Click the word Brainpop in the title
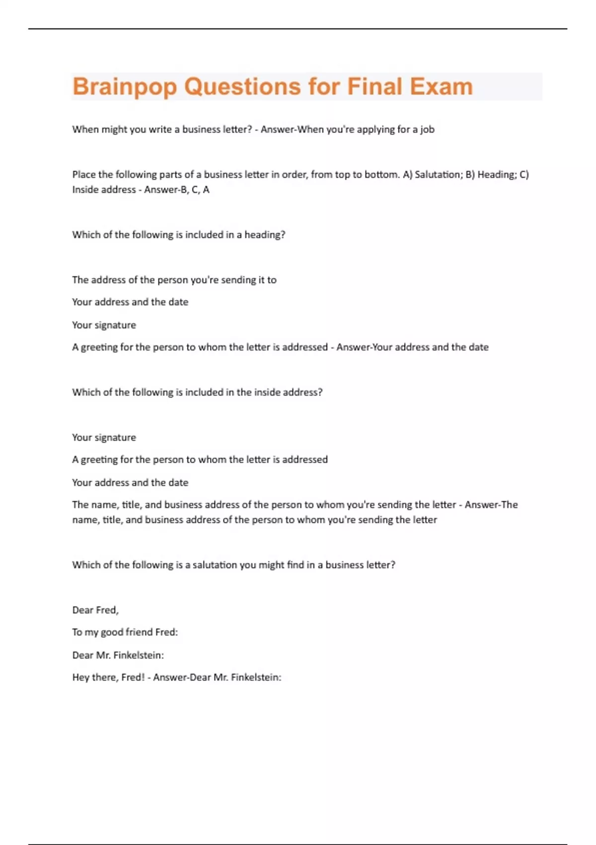point(125,87)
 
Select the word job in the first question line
point(427,130)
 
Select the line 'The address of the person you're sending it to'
point(174,280)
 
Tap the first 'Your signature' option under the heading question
point(104,325)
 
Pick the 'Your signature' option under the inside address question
point(104,437)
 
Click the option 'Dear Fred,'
point(95,610)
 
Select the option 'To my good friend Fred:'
point(125,632)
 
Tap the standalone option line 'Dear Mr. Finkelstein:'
point(118,655)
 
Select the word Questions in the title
point(242,87)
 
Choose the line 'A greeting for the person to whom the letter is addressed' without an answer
point(200,460)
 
